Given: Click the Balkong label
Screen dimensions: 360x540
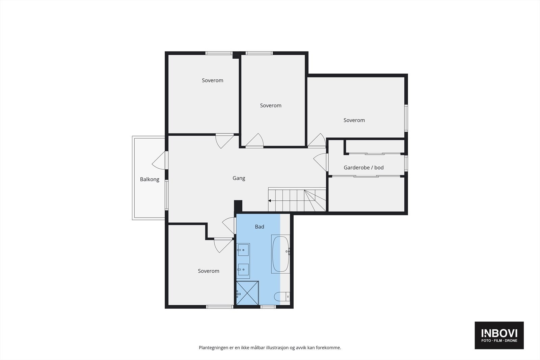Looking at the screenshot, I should pyautogui.click(x=150, y=179).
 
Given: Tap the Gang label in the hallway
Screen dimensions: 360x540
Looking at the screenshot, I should pyautogui.click(x=239, y=178).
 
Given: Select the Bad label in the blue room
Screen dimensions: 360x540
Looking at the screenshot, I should pyautogui.click(x=259, y=227).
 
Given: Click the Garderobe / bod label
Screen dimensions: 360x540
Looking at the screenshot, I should pyautogui.click(x=363, y=167).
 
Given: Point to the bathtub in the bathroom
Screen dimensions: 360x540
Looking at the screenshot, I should pyautogui.click(x=280, y=254).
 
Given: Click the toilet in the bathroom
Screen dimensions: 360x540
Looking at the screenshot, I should pyautogui.click(x=282, y=297).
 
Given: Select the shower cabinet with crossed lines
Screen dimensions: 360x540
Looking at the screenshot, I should pyautogui.click(x=247, y=293).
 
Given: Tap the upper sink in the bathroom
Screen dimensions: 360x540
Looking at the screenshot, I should pyautogui.click(x=243, y=250).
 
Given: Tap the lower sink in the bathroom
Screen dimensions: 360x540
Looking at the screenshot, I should pyautogui.click(x=243, y=269).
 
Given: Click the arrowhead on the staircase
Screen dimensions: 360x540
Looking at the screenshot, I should pyautogui.click(x=270, y=201).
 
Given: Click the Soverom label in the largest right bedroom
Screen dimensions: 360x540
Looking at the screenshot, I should pyautogui.click(x=354, y=120).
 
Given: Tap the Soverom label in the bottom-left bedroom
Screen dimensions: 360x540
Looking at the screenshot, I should pyautogui.click(x=208, y=271).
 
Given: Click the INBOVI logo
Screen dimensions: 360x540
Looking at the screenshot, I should pyautogui.click(x=499, y=335).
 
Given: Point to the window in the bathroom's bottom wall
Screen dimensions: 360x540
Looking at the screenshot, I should pyautogui.click(x=268, y=307).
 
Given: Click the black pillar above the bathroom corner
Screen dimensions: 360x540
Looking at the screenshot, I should pyautogui.click(x=238, y=206).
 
